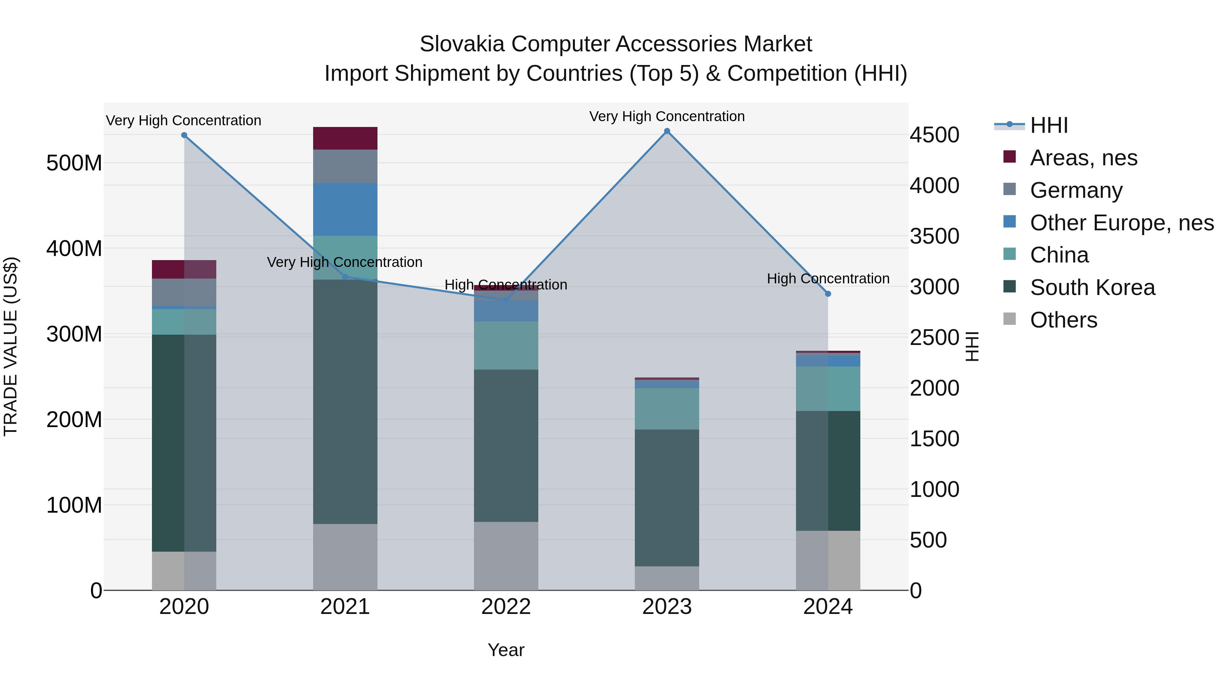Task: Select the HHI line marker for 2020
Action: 184,135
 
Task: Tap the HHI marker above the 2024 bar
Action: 828,294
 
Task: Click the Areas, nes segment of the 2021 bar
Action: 345,138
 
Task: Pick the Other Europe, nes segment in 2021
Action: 345,209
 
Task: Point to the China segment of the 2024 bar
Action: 828,388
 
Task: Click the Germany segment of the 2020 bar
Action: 184,292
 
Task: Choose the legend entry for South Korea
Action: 1092,287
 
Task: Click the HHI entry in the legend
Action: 1049,125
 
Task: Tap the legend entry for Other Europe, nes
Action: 1121,223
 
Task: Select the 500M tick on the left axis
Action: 74,163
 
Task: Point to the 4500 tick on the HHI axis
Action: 934,135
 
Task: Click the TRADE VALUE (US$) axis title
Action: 11,346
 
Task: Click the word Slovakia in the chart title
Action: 462,44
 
